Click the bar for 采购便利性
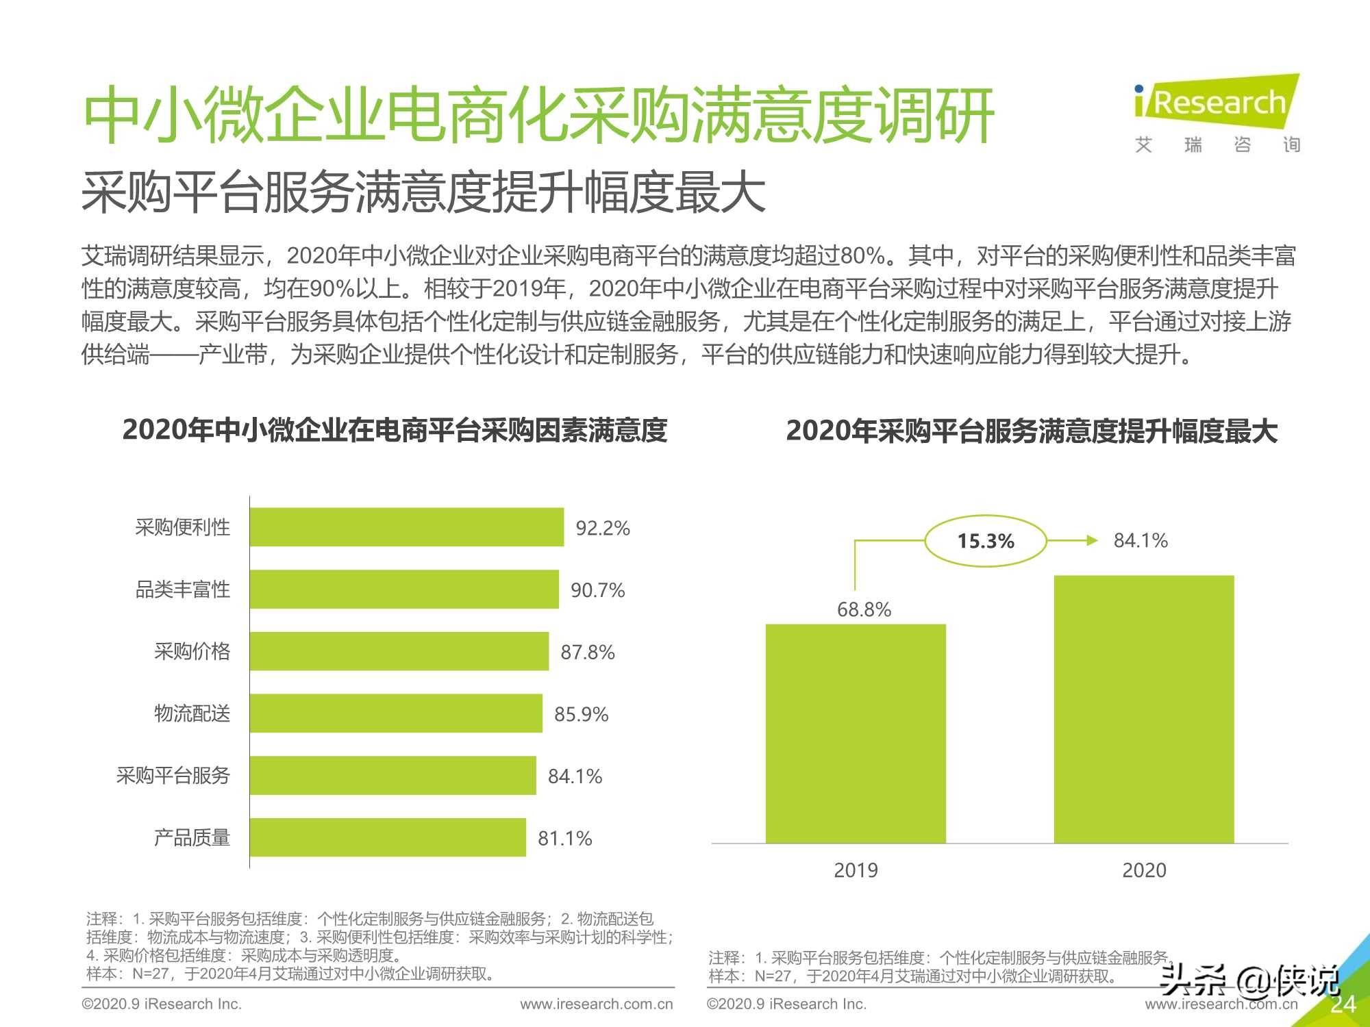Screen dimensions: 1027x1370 [x=407, y=527]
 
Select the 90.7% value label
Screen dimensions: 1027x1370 [x=597, y=590]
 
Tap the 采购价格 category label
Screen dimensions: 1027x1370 [x=192, y=651]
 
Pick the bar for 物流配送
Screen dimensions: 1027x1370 [x=396, y=713]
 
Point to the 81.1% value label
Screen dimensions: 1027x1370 [x=564, y=838]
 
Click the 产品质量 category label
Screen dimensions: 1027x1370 [x=192, y=837]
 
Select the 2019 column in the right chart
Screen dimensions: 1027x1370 [x=856, y=733]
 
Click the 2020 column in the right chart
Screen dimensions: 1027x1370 [x=1144, y=709]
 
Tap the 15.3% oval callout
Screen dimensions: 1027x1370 [x=986, y=541]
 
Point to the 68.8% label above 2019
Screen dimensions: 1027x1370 [x=864, y=609]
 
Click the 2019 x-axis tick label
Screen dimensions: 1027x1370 [x=856, y=870]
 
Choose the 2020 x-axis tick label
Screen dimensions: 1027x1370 [x=1144, y=870]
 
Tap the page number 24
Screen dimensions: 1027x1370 [x=1343, y=1004]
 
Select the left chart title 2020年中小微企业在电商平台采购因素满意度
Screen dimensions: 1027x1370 [x=395, y=430]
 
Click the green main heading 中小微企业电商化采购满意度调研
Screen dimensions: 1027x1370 [x=538, y=115]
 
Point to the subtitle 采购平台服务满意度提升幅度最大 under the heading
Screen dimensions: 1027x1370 [x=423, y=192]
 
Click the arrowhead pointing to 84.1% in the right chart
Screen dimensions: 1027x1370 [x=1092, y=541]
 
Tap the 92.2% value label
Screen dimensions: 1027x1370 [x=602, y=528]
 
